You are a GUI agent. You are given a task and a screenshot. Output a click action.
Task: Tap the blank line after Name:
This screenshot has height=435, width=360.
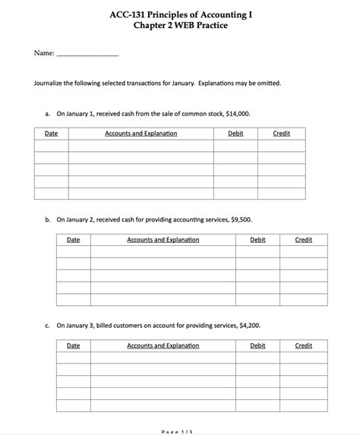tap(88, 55)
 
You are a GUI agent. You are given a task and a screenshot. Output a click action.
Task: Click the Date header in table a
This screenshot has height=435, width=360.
tap(52, 134)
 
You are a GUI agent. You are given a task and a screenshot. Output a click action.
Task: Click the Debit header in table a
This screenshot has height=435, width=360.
tap(235, 134)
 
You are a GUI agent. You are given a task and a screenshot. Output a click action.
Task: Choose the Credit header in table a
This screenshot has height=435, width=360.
tap(281, 134)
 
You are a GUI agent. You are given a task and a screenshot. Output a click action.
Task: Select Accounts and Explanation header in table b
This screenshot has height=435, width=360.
tap(163, 240)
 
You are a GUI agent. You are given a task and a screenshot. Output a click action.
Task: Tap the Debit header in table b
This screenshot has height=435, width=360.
tap(257, 240)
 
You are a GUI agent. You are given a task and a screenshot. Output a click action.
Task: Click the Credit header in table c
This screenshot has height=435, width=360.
tap(304, 345)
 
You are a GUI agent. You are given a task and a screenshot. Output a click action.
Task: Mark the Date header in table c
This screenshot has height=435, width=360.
tap(74, 345)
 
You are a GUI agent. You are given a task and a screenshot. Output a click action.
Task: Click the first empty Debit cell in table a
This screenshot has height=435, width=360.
tap(235, 147)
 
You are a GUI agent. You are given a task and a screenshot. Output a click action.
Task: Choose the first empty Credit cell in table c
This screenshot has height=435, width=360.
tap(304, 358)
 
